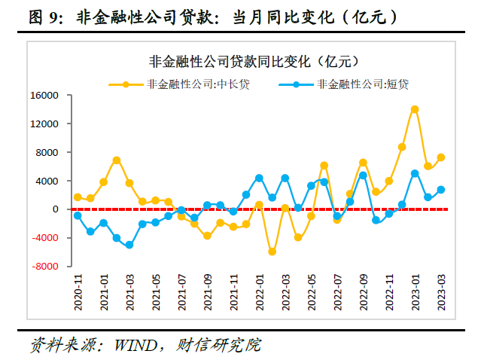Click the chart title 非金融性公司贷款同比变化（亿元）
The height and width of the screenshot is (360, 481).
point(248,62)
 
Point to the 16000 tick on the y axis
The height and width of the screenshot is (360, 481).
point(45,96)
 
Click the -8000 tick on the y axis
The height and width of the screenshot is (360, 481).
point(45,267)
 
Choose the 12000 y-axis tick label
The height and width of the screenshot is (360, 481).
point(45,124)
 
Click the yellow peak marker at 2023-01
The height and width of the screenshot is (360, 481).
point(415,109)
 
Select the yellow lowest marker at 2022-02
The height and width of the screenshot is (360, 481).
point(272,252)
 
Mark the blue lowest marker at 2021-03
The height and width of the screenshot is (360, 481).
point(129,245)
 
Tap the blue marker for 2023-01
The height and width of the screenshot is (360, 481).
point(415,173)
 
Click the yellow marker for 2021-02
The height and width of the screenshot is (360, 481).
point(117,160)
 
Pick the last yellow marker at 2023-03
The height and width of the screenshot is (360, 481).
point(441,157)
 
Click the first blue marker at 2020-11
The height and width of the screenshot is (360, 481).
point(78,215)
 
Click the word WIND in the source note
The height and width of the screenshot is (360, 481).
point(133,346)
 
